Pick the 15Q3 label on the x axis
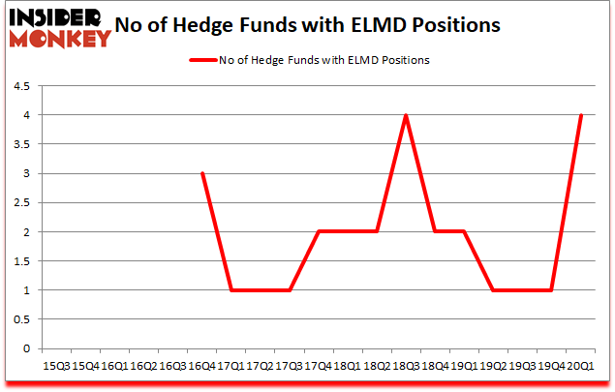pyautogui.click(x=56, y=366)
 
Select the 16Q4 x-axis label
pyautogui.click(x=200, y=366)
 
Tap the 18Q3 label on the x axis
pyautogui.click(x=405, y=366)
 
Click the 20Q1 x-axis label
pyautogui.click(x=580, y=366)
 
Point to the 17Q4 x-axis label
pyautogui.click(x=318, y=366)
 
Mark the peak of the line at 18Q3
pyautogui.click(x=405, y=115)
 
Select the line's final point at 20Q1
pyautogui.click(x=580, y=115)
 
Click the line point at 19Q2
pyautogui.click(x=493, y=290)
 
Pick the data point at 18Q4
pyautogui.click(x=434, y=232)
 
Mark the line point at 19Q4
pyautogui.click(x=551, y=290)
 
